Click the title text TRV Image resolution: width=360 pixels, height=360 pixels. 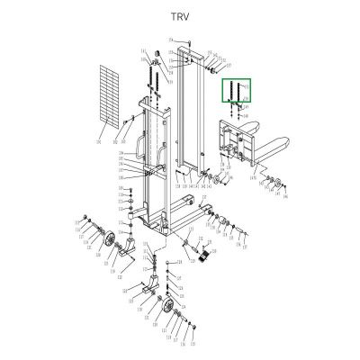(180, 15)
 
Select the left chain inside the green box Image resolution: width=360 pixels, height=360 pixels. (233, 93)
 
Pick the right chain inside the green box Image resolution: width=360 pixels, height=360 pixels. (243, 93)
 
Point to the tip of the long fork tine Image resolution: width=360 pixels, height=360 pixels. (291, 148)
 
